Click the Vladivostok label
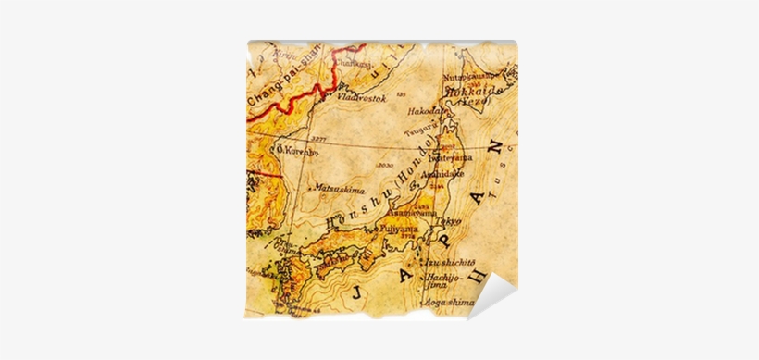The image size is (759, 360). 360,96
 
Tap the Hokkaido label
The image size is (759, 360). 473,93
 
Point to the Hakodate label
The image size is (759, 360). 427,110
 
